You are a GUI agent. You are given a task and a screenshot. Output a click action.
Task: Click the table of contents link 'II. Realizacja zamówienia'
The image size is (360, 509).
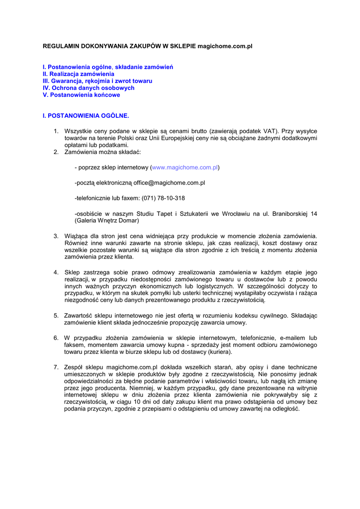click(x=78, y=74)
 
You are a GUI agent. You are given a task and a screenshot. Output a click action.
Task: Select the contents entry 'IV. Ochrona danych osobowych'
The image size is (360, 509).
click(x=89, y=87)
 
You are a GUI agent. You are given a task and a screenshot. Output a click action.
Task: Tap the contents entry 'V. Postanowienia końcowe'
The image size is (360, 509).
click(x=81, y=94)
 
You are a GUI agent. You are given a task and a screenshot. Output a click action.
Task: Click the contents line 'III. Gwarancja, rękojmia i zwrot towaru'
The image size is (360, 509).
click(x=97, y=81)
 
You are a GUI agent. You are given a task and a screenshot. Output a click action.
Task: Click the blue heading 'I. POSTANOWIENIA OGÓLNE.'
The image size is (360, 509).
click(x=86, y=116)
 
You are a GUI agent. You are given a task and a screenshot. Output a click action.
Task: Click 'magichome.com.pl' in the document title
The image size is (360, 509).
click(x=225, y=46)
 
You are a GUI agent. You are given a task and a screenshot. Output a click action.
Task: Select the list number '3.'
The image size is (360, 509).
click(x=56, y=236)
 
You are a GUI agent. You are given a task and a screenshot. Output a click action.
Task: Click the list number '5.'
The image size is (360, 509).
click(x=56, y=315)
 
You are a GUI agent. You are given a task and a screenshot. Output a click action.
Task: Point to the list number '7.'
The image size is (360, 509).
click(x=56, y=367)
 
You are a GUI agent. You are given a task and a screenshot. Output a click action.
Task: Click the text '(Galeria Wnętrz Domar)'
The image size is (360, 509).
click(x=107, y=220)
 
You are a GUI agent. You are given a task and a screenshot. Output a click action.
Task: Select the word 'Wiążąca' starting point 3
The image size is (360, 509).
click(x=76, y=236)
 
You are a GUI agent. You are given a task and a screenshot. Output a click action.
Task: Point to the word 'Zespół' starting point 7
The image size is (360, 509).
click(x=74, y=367)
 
